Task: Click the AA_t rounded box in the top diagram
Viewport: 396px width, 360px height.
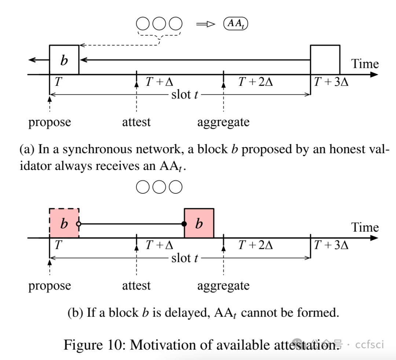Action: [236, 24]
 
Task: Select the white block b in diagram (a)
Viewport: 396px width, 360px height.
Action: [64, 60]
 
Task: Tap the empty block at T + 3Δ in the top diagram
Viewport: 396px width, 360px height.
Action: [325, 60]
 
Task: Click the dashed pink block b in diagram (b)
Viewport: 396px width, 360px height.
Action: [64, 223]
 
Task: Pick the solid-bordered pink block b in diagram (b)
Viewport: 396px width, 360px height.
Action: [199, 223]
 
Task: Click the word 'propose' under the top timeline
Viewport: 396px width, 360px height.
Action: [49, 122]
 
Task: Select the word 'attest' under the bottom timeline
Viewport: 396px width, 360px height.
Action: [136, 285]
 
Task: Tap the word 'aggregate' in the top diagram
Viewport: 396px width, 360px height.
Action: [223, 122]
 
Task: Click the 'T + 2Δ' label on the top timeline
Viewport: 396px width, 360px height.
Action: [256, 82]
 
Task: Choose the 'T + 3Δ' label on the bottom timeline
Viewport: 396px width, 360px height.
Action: [331, 245]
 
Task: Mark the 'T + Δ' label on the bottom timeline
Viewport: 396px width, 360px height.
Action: [159, 245]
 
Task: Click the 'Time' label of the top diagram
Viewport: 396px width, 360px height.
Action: [365, 64]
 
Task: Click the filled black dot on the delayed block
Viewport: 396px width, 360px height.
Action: [184, 224]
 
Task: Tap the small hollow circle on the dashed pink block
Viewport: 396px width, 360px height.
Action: [79, 224]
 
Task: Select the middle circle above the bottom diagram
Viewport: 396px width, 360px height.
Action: [159, 187]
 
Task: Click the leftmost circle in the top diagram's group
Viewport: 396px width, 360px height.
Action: [143, 24]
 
